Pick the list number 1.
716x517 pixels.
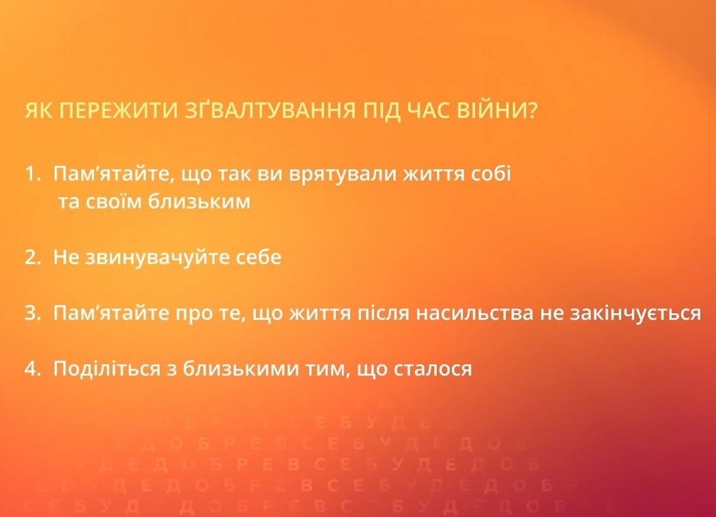pyautogui.click(x=31, y=174)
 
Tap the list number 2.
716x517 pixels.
pyautogui.click(x=31, y=258)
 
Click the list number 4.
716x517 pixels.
pyautogui.click(x=31, y=370)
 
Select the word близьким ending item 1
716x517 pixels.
pyautogui.click(x=207, y=203)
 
